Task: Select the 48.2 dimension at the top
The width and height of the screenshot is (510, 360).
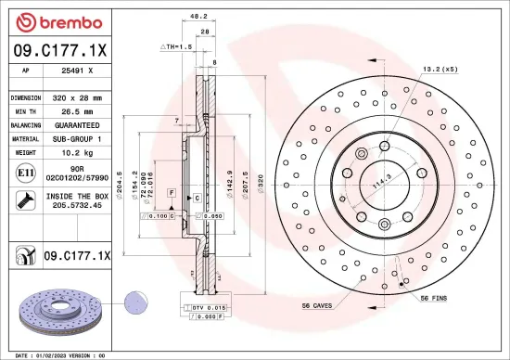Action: pyautogui.click(x=198, y=16)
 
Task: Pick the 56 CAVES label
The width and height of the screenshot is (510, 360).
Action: pyautogui.click(x=317, y=305)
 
